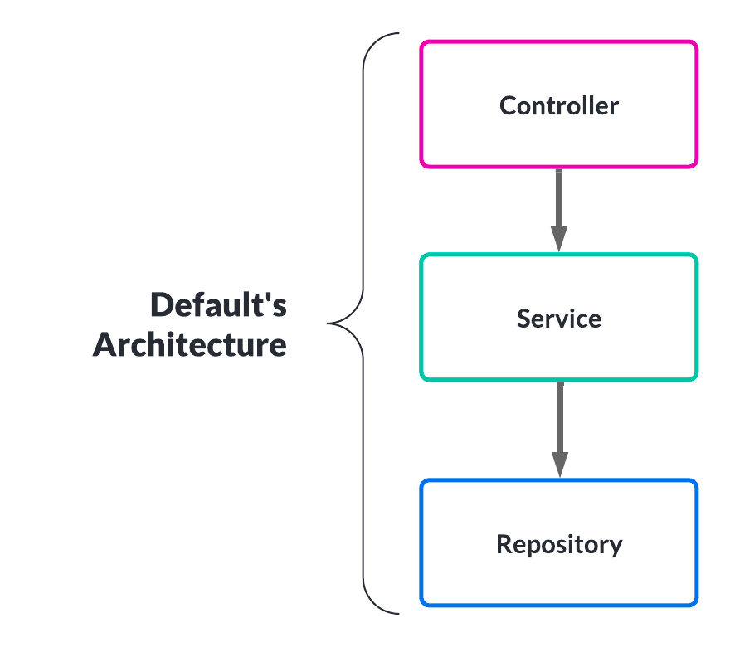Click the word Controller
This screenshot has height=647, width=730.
[558, 106]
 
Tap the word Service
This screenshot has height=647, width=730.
[558, 319]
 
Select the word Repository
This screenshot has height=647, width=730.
[558, 545]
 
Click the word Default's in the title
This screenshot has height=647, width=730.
[218, 305]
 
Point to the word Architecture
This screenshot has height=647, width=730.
[190, 344]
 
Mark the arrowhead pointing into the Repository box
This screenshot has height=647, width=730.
[559, 465]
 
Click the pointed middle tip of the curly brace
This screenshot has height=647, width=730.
[329, 323]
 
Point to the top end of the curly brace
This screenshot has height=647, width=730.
[398, 35]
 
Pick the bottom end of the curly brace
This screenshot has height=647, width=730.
[398, 613]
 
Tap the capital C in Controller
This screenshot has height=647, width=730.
[508, 106]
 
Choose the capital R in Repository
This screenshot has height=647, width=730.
[504, 545]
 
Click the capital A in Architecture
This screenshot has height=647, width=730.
[105, 344]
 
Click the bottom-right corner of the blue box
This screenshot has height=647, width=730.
[695, 603]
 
